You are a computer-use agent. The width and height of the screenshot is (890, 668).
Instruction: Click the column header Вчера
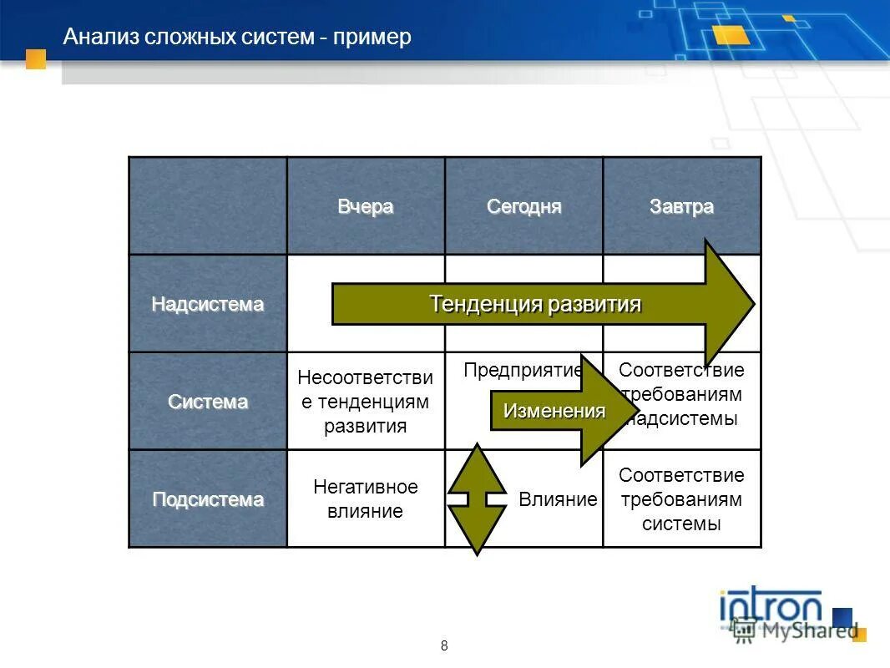pos(366,207)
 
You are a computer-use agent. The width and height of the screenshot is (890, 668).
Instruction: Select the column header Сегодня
pos(524,207)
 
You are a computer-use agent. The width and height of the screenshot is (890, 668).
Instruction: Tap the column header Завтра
pos(682,207)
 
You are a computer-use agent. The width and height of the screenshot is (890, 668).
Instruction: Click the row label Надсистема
pos(208,305)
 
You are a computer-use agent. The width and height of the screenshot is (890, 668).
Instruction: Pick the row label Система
pos(208,402)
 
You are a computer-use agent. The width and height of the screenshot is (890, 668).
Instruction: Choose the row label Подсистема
pos(208,500)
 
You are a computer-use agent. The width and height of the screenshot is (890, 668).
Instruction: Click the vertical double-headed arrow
pos(477,499)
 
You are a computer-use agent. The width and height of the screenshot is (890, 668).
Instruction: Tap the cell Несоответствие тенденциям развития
pos(366,402)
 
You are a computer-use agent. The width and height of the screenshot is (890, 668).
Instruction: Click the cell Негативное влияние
pos(366,499)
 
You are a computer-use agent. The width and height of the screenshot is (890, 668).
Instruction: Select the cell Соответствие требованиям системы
pos(681,499)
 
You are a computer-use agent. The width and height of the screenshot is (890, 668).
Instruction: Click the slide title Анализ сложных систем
pos(238,38)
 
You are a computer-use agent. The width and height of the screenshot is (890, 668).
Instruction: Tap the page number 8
pos(444,645)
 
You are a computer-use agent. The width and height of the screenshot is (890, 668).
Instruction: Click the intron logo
pos(771,608)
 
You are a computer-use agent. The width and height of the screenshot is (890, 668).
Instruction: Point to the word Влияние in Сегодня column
pos(558,500)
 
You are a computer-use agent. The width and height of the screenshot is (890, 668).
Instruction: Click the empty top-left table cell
pos(208,206)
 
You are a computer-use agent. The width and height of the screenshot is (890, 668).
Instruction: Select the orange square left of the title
pos(36,58)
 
